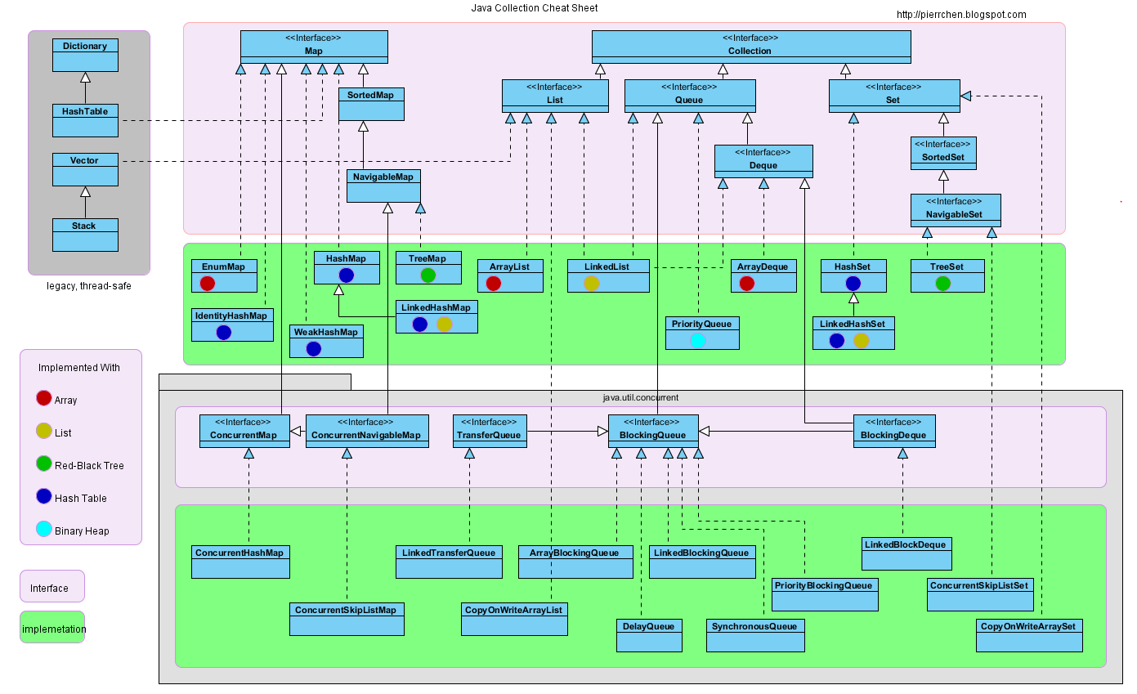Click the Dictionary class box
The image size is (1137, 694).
click(x=85, y=55)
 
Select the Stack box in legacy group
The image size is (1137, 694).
click(x=85, y=235)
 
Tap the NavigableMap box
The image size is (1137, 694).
click(x=383, y=186)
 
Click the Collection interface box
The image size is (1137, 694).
click(x=750, y=47)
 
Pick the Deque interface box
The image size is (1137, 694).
click(x=763, y=161)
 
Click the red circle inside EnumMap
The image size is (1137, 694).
click(x=207, y=283)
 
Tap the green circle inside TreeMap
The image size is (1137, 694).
click(x=427, y=275)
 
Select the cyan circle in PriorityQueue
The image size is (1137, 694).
click(x=697, y=340)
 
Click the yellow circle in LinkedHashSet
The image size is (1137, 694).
click(x=861, y=340)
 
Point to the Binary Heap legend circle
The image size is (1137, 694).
click(x=44, y=529)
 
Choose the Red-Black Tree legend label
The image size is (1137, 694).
click(x=89, y=466)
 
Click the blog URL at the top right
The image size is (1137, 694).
click(x=961, y=15)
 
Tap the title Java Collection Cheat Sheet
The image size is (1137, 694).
click(x=534, y=8)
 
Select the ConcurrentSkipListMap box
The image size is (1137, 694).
click(x=347, y=619)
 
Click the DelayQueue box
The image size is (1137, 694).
click(x=648, y=635)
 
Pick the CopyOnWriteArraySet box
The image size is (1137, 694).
click(x=1029, y=635)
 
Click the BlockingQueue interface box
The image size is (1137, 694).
click(x=652, y=431)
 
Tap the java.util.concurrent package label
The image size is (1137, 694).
click(x=640, y=397)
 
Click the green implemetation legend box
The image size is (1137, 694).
click(x=52, y=627)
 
